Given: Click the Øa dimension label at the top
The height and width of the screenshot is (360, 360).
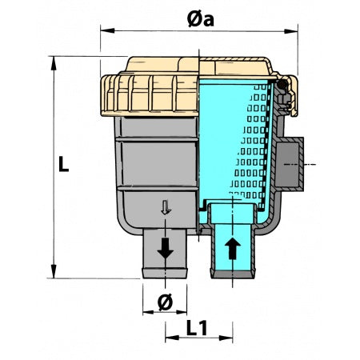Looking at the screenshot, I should click(200, 18).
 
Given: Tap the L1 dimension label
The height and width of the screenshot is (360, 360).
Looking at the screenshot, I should click(198, 329).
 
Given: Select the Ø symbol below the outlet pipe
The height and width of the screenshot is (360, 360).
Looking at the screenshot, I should click(166, 302).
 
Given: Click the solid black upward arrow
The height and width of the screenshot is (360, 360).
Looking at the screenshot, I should click(233, 247).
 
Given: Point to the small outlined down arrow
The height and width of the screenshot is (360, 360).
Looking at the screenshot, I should click(166, 209).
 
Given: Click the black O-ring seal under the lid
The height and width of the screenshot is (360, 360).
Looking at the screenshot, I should click(282, 84).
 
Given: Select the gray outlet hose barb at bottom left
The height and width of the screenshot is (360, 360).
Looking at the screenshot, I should click(166, 256).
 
